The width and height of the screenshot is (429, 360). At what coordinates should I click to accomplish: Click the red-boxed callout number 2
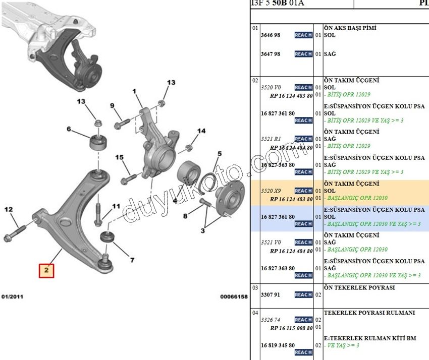[x=46, y=271]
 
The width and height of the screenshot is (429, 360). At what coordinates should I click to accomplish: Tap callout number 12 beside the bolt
[x=9, y=209]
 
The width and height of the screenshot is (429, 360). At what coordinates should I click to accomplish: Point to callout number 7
[x=132, y=260]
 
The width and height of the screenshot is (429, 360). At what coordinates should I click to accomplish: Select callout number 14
[x=201, y=131]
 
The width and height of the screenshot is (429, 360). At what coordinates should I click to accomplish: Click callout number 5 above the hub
[x=220, y=154]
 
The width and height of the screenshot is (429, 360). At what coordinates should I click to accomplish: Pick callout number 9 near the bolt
[x=112, y=105]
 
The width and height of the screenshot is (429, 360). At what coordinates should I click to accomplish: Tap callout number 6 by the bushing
[x=69, y=129]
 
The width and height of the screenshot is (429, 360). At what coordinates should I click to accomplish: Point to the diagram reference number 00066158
[x=234, y=297]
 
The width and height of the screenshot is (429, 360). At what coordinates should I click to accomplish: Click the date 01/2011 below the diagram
[x=12, y=297]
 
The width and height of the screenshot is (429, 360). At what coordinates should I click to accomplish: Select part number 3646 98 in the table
[x=271, y=35]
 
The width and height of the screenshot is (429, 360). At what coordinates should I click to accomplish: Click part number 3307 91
[x=271, y=294]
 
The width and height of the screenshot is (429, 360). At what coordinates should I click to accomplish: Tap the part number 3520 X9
[x=272, y=191]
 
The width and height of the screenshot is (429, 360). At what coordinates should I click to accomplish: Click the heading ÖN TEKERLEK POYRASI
[x=359, y=287]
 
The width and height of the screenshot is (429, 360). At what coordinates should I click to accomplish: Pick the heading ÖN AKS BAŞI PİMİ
[x=350, y=28]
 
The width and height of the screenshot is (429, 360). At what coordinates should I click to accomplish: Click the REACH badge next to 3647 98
[x=303, y=54]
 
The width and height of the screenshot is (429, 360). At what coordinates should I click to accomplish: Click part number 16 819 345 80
[x=278, y=345]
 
